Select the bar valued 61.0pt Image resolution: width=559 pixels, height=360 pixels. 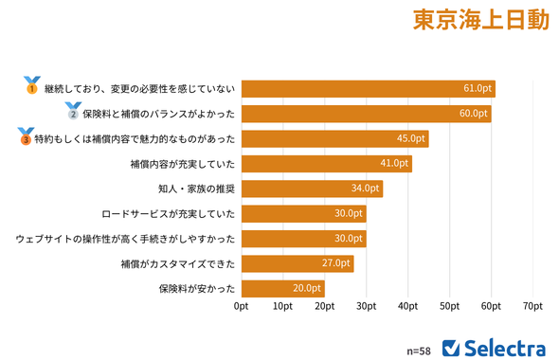pyautogui.click(x=368, y=89)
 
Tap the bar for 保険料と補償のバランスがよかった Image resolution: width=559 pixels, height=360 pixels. pyautogui.click(x=366, y=114)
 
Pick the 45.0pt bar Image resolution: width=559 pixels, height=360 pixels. pyautogui.click(x=334, y=138)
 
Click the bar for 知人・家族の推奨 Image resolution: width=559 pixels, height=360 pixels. pyautogui.click(x=312, y=189)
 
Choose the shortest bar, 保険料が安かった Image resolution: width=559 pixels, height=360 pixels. pyautogui.click(x=282, y=288)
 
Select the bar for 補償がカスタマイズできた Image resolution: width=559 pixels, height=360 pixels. pyautogui.click(x=298, y=263)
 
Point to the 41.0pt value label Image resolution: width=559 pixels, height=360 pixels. pyautogui.click(x=394, y=164)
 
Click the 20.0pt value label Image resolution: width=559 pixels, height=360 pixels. pyautogui.click(x=307, y=288)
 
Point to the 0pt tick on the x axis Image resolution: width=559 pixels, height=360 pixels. pyautogui.click(x=242, y=307)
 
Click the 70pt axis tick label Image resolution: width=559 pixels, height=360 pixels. pyautogui.click(x=532, y=307)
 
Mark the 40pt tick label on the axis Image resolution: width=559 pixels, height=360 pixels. pyautogui.click(x=407, y=307)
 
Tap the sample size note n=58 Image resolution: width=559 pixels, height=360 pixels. pyautogui.click(x=418, y=350)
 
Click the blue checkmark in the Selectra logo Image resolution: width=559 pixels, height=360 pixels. pyautogui.click(x=452, y=346)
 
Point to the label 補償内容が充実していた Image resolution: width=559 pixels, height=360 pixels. pyautogui.click(x=182, y=164)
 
